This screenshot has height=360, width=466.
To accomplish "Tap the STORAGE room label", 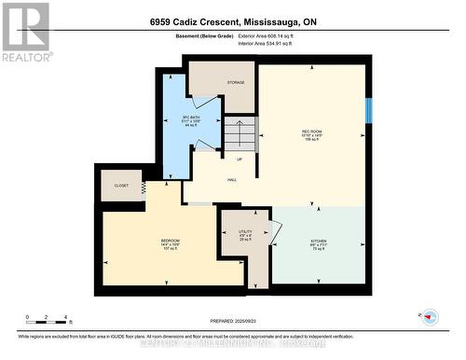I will [x=236, y=83].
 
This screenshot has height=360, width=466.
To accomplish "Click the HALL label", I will [x=232, y=180].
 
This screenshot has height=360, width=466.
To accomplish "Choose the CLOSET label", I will [x=121, y=186].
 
